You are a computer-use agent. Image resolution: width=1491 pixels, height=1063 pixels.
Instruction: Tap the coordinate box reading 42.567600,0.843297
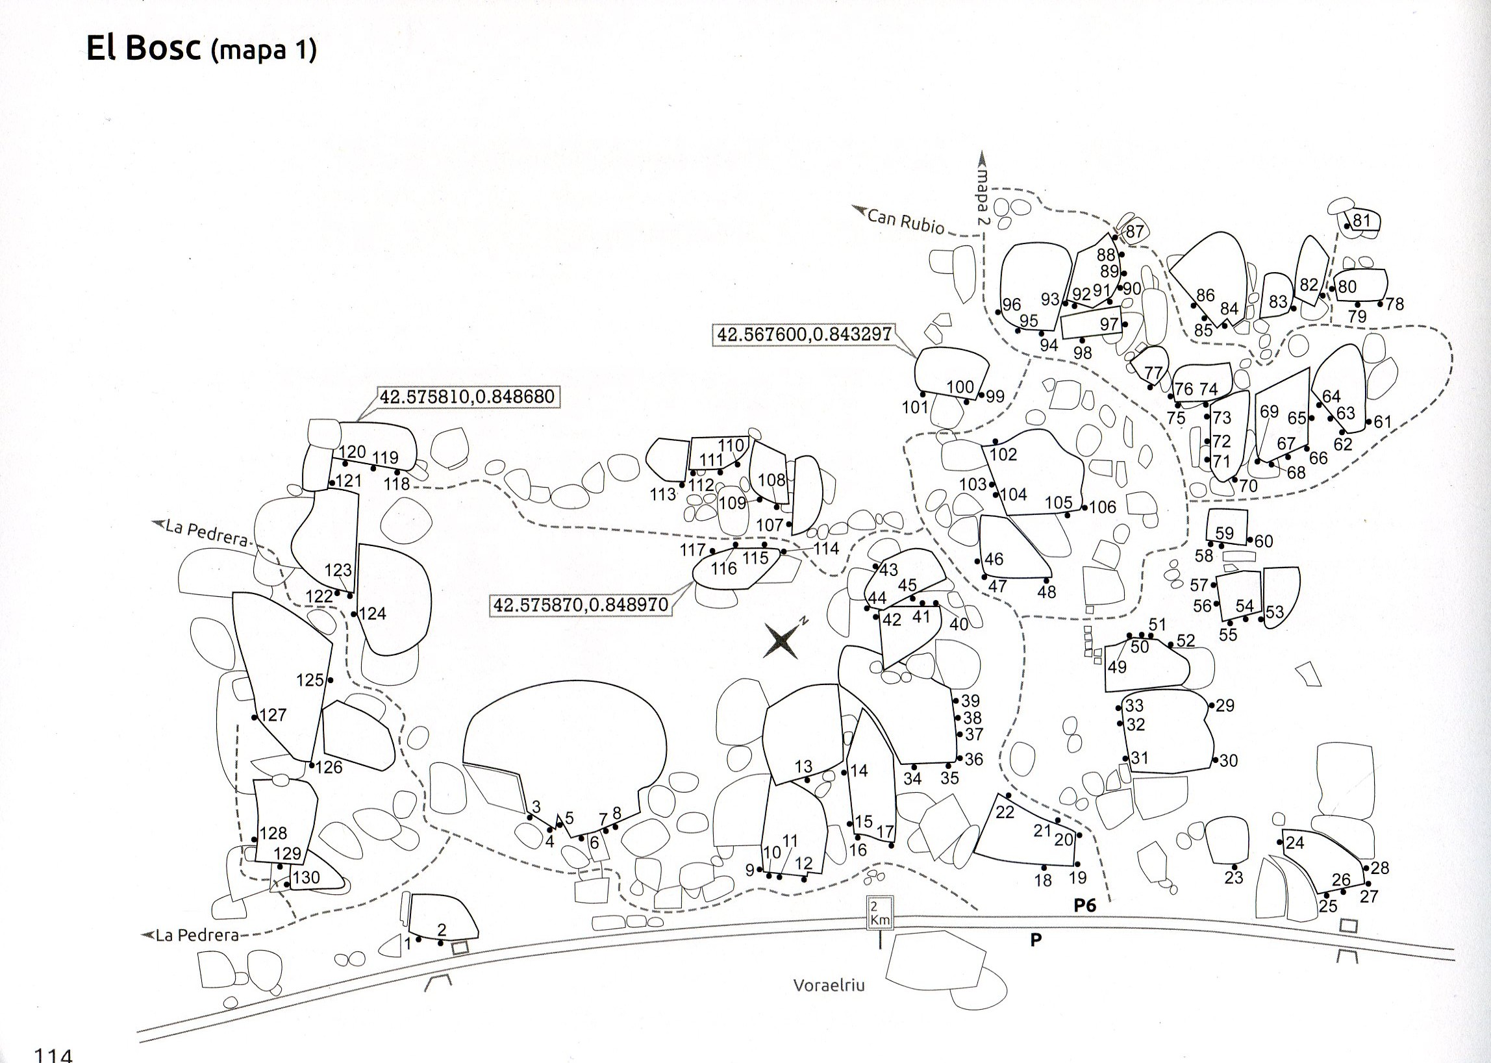pos(805,334)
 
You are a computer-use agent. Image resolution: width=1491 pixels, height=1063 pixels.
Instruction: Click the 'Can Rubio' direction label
pos(906,221)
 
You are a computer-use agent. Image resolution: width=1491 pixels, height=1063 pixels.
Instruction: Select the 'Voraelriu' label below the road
pos(829,984)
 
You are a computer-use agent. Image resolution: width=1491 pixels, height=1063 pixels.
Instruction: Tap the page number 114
pos(53,1055)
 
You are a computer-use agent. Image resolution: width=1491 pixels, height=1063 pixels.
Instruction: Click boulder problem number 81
pos(1361,221)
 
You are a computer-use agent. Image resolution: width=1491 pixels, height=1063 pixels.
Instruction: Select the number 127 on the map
pos(273,715)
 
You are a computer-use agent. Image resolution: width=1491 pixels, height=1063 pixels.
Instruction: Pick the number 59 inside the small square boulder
pos(1224,533)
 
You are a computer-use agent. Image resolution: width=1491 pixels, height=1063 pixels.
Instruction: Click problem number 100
pos(960,386)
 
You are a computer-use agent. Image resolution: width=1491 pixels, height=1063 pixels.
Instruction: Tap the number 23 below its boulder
pos(1233,877)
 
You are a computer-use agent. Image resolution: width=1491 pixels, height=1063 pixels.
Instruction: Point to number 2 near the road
pos(441,929)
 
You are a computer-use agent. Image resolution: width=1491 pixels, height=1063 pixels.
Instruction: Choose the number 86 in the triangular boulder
pos(1205,295)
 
